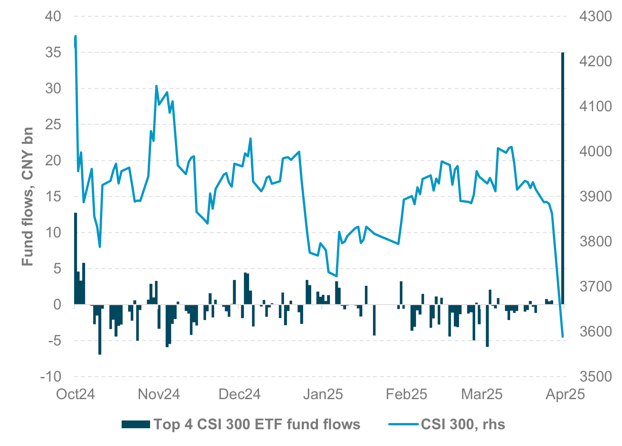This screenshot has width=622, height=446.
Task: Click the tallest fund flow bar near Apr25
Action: (563, 178)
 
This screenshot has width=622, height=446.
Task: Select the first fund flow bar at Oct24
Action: (76, 259)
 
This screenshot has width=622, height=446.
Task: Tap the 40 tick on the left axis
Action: (53, 16)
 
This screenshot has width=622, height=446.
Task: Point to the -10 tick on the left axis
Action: (51, 377)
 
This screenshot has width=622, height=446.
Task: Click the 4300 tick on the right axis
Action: (595, 16)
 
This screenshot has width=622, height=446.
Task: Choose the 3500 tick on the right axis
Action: (595, 377)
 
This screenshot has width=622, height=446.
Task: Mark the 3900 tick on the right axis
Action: (595, 196)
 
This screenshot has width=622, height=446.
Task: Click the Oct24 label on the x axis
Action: (76, 394)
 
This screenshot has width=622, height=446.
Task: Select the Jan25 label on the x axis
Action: (323, 394)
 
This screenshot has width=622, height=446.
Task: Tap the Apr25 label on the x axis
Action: (565, 394)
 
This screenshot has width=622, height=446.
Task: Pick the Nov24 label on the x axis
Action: (159, 394)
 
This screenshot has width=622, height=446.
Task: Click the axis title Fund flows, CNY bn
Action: (28, 196)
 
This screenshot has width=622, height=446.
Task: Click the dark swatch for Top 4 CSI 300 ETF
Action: (136, 424)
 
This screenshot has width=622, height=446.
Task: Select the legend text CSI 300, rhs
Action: (463, 424)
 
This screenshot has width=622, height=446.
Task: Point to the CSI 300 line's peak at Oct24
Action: (75, 36)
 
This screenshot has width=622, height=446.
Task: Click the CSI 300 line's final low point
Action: (563, 337)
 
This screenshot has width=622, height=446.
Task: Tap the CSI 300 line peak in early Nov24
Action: (156, 86)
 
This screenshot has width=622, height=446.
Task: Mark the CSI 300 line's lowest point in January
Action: (337, 276)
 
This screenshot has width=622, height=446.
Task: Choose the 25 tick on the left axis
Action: (53, 124)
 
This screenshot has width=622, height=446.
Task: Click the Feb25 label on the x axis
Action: (406, 394)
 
